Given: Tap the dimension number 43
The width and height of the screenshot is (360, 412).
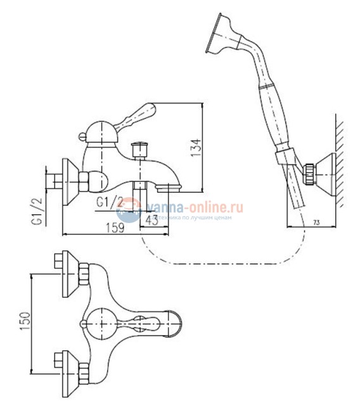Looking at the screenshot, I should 152,219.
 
